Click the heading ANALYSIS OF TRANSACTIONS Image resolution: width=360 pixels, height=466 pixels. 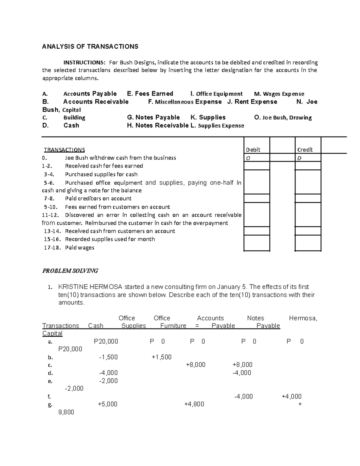click(90, 47)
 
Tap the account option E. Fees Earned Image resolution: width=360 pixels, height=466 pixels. click(150, 94)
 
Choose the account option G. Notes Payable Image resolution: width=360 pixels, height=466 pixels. click(153, 117)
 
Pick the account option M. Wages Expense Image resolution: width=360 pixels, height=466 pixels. click(279, 94)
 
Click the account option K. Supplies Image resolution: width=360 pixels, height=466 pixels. click(208, 117)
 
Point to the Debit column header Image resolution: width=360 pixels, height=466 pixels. click(253, 150)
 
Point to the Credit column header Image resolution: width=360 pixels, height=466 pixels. click(305, 150)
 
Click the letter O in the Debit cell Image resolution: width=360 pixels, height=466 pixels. click(248, 158)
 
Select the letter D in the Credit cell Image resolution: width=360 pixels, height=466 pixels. click(299, 158)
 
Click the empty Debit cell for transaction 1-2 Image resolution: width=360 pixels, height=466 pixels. click(256, 166)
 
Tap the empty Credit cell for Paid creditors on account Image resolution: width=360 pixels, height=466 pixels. click(308, 198)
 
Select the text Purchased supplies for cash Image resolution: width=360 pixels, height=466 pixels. click(101, 174)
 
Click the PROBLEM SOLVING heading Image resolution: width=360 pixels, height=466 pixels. click(70, 271)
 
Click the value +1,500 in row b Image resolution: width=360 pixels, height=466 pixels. click(161, 357)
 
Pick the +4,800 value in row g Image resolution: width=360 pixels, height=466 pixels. click(194, 404)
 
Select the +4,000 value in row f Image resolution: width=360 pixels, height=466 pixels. click(292, 396)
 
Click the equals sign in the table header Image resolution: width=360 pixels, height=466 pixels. click(197, 326)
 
